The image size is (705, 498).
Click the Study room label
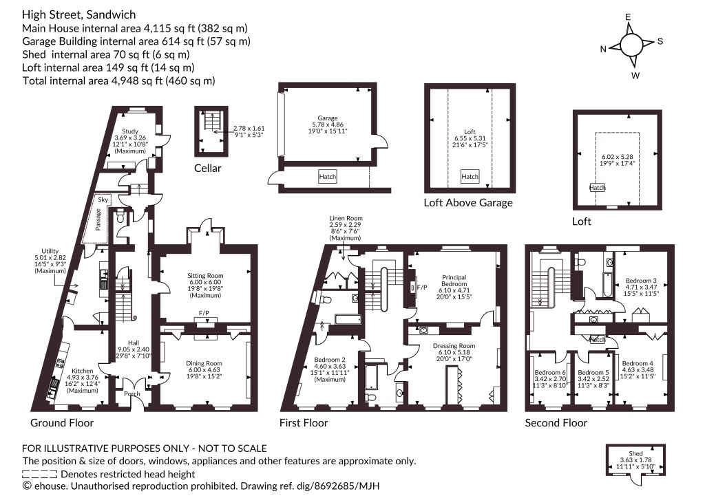(130, 131)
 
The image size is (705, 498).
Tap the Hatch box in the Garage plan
(327, 177)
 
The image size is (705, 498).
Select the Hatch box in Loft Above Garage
(470, 177)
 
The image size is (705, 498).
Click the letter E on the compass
(628, 17)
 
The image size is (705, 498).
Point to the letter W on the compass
(635, 76)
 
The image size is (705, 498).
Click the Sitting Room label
(205, 276)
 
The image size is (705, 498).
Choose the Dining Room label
(204, 363)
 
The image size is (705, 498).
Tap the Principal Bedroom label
(454, 281)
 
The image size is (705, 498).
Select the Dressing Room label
(454, 346)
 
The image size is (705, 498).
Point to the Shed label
(635, 453)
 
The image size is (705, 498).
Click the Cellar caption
(208, 169)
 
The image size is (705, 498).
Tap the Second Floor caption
(556, 422)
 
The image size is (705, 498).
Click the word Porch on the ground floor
(132, 394)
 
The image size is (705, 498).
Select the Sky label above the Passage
(103, 199)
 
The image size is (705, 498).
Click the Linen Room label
(346, 218)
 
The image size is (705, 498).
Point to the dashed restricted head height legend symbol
(39, 474)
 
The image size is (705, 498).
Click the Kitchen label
(83, 371)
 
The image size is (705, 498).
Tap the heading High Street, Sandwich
(78, 15)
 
